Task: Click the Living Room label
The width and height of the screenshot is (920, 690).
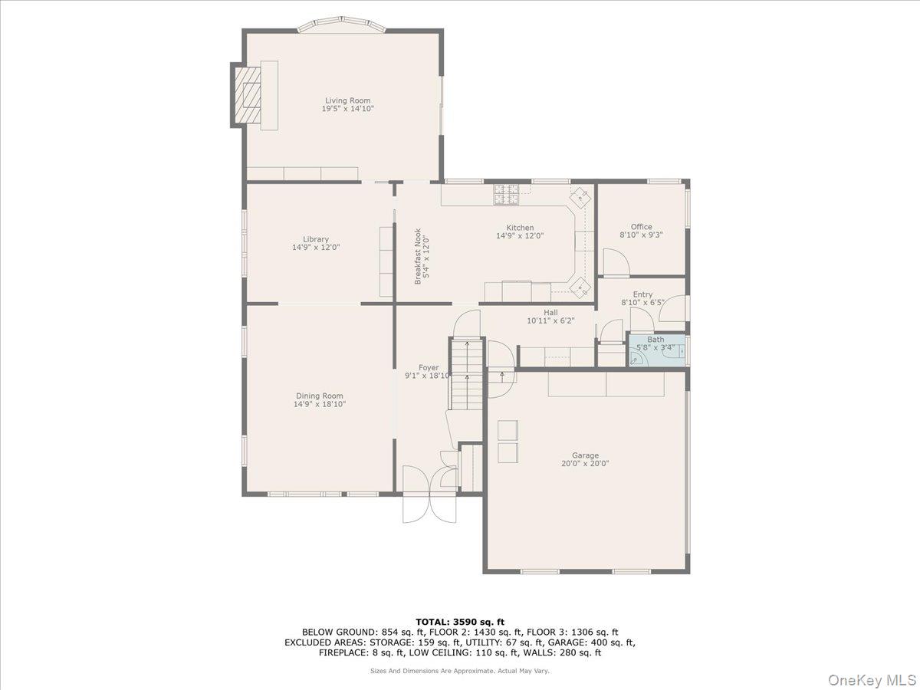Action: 347,100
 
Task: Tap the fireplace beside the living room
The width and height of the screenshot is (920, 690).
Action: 248,95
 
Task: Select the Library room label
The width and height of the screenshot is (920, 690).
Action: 315,239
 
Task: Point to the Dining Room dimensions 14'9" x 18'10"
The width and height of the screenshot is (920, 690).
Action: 320,404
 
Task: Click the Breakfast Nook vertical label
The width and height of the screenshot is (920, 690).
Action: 417,256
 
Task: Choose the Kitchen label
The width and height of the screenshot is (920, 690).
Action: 519,228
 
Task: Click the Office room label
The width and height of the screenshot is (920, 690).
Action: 641,227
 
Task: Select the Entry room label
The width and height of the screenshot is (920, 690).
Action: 642,294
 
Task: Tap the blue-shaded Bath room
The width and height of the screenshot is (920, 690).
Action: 656,350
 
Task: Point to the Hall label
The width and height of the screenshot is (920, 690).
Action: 550,312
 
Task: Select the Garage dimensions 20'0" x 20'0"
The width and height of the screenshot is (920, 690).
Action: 585,464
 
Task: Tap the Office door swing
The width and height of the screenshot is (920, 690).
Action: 615,264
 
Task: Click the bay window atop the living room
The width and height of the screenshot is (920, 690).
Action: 341,26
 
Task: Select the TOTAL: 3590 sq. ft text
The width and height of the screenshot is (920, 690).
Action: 460,622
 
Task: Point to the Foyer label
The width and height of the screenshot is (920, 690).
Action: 429,367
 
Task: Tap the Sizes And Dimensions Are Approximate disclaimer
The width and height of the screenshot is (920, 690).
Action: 460,671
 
